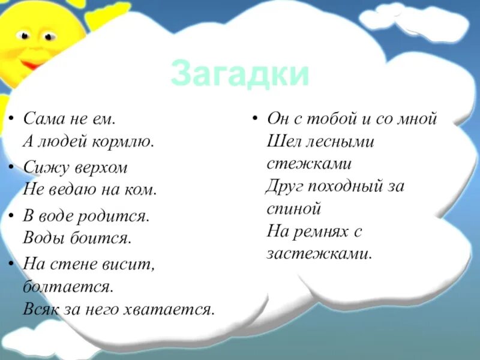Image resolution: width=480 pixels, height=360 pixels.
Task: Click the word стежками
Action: click(308, 163)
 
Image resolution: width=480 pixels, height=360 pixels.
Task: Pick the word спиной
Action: click(295, 209)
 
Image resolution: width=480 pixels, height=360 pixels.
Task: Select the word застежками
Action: click(319, 253)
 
